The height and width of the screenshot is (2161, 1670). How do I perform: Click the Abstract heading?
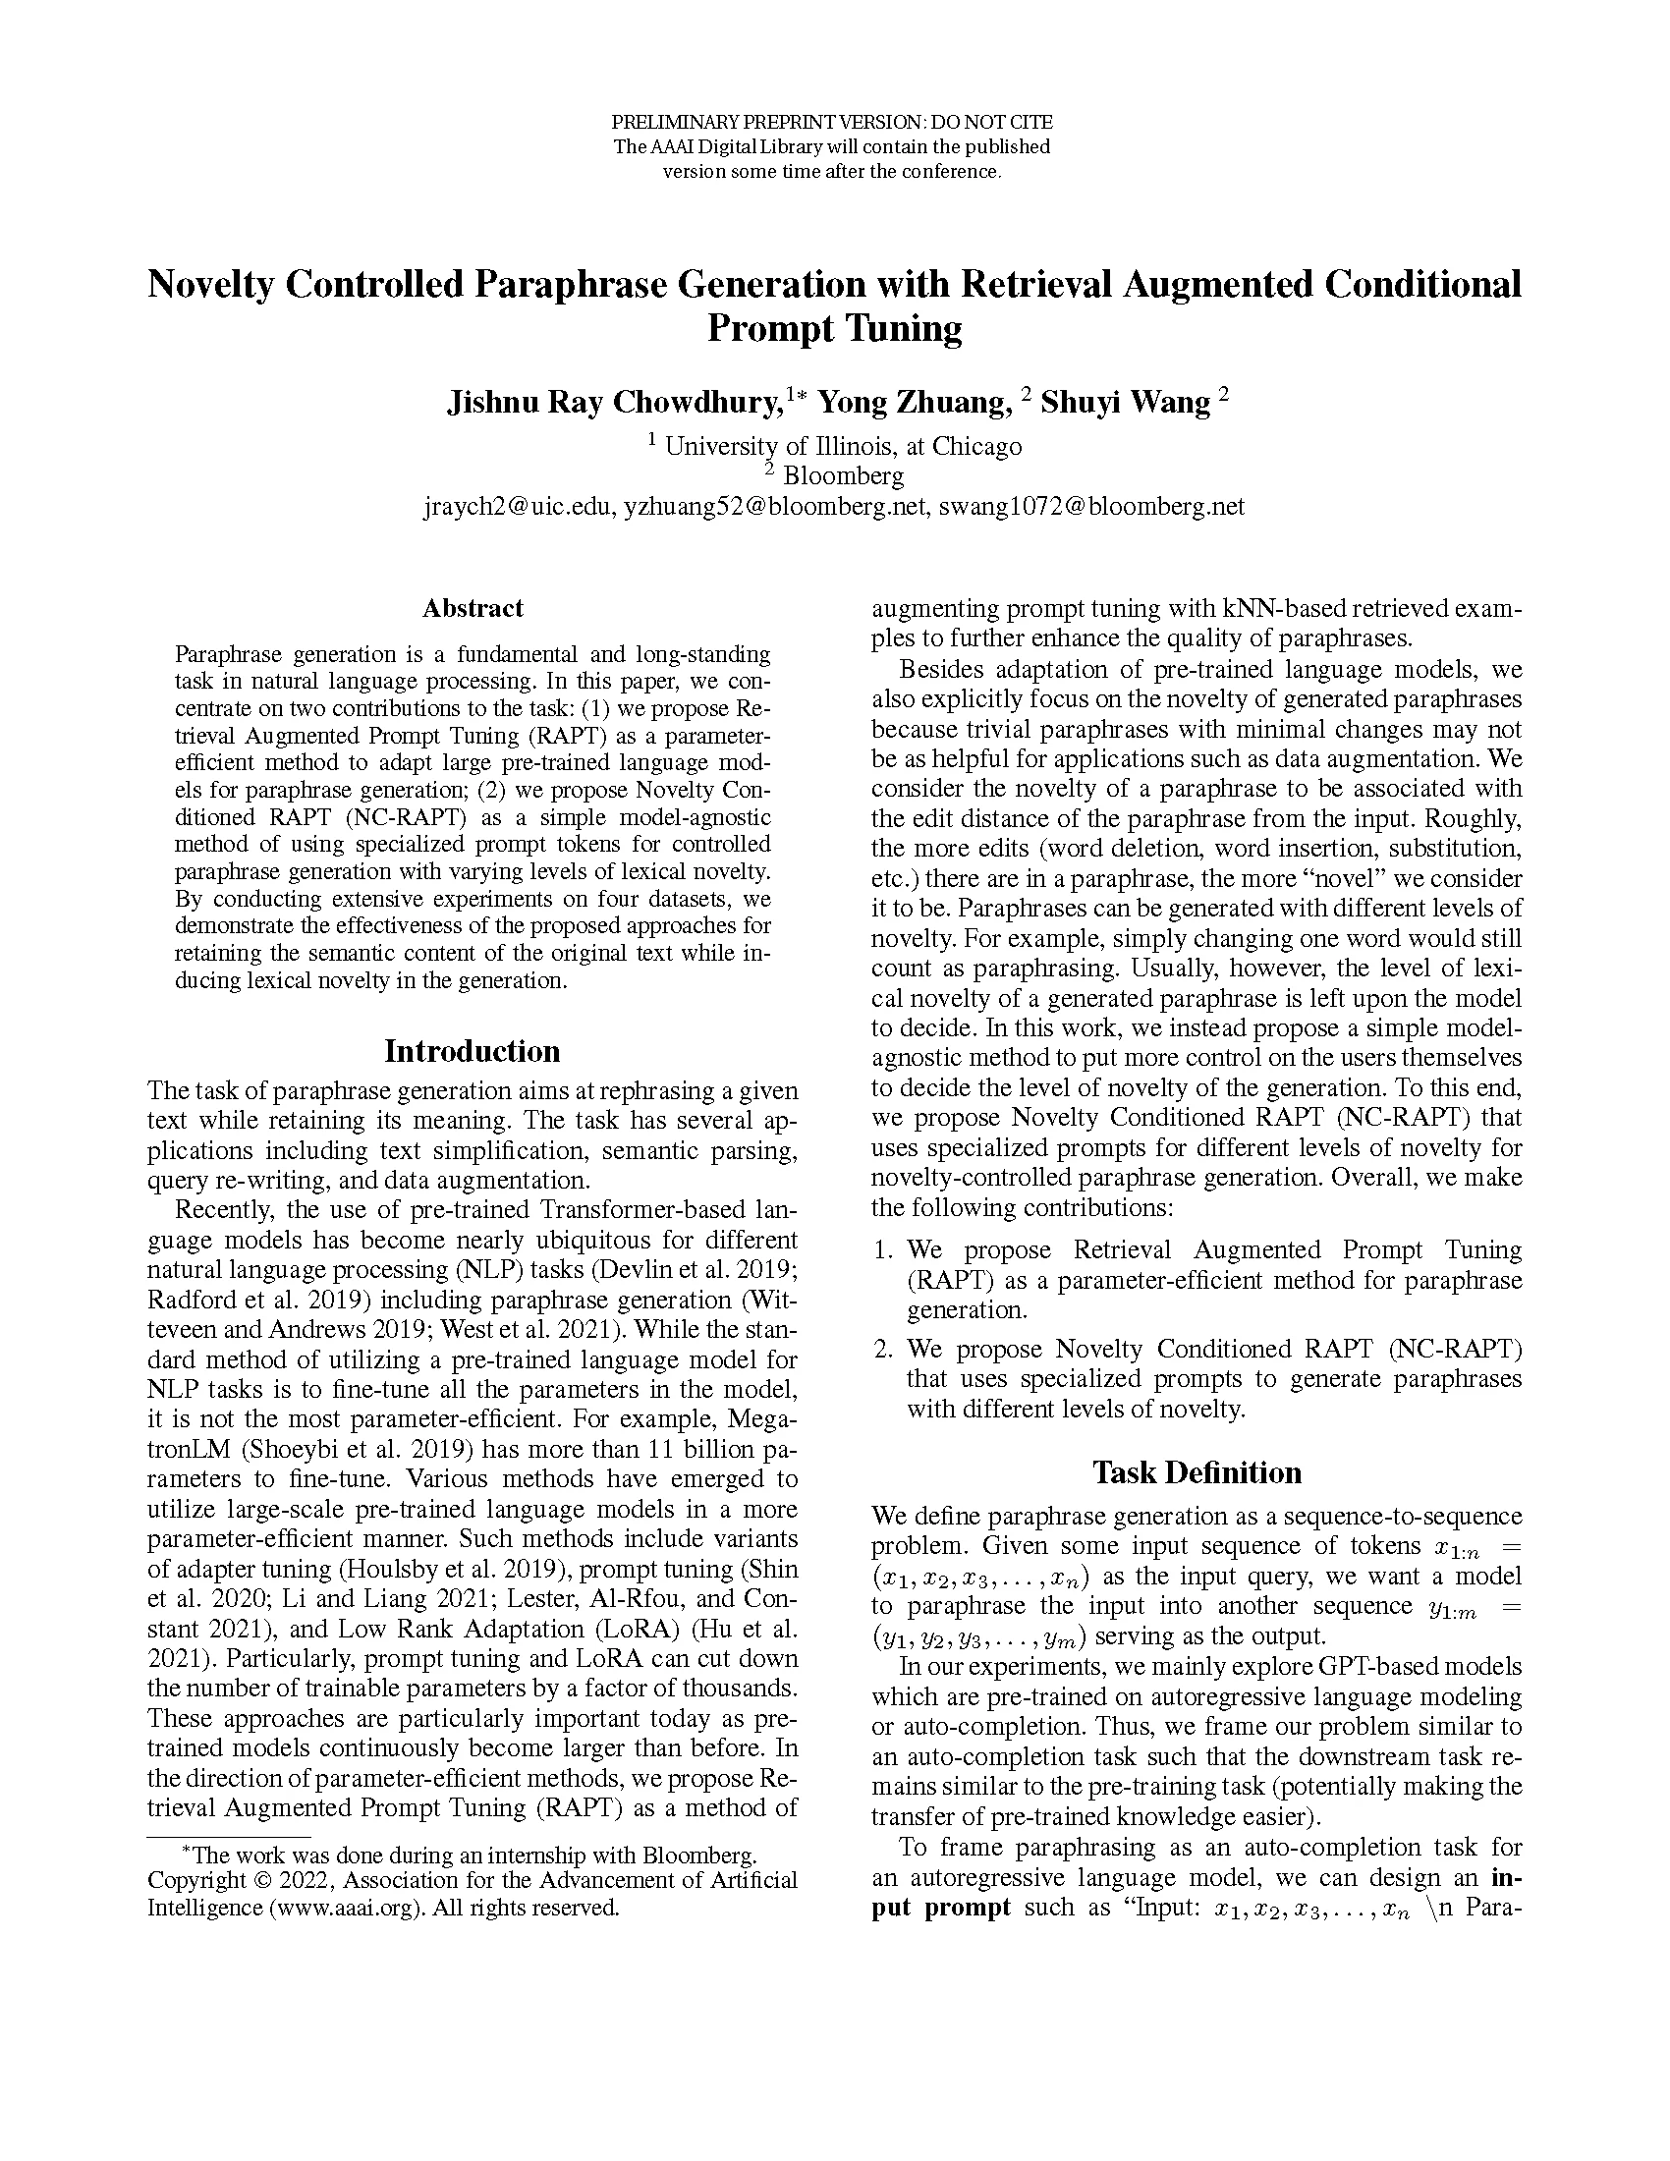point(472,607)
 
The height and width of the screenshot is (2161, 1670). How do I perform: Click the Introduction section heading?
point(472,1050)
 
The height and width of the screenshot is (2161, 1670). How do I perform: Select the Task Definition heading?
point(1197,1472)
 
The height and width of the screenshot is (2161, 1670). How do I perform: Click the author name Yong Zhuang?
point(916,403)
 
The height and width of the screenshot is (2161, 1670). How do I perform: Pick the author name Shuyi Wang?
point(1125,403)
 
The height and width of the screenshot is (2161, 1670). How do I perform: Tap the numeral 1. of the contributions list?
point(883,1250)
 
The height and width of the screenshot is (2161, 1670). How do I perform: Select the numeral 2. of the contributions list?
point(883,1350)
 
